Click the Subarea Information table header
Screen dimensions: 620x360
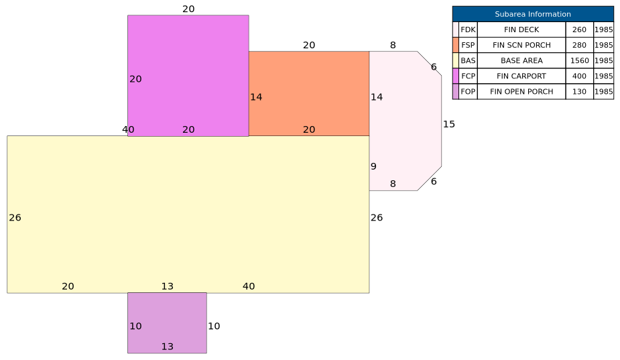coord(533,14)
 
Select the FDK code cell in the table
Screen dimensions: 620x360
coord(468,29)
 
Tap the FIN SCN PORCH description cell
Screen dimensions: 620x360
coord(521,45)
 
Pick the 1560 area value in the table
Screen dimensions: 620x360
coord(579,60)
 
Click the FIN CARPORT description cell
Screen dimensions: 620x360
coord(521,76)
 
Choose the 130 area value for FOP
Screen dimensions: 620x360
coord(579,91)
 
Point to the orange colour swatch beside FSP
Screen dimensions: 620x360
coord(456,45)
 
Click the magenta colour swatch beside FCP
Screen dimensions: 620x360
coord(456,76)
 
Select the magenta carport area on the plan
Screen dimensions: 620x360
coord(188,76)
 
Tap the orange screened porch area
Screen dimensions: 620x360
coord(309,93)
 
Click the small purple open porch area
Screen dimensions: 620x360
coord(167,323)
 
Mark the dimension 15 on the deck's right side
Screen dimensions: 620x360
coord(449,124)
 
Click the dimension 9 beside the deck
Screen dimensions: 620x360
coord(373,166)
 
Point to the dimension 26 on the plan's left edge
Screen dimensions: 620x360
coord(15,218)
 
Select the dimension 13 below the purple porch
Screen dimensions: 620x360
coord(168,347)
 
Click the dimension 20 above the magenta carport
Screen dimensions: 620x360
coord(188,9)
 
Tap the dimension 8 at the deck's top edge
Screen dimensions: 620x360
coord(393,45)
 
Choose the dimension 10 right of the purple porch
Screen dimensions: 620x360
coord(214,326)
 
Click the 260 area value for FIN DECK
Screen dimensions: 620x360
coord(579,29)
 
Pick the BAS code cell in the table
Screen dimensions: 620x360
coord(468,60)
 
